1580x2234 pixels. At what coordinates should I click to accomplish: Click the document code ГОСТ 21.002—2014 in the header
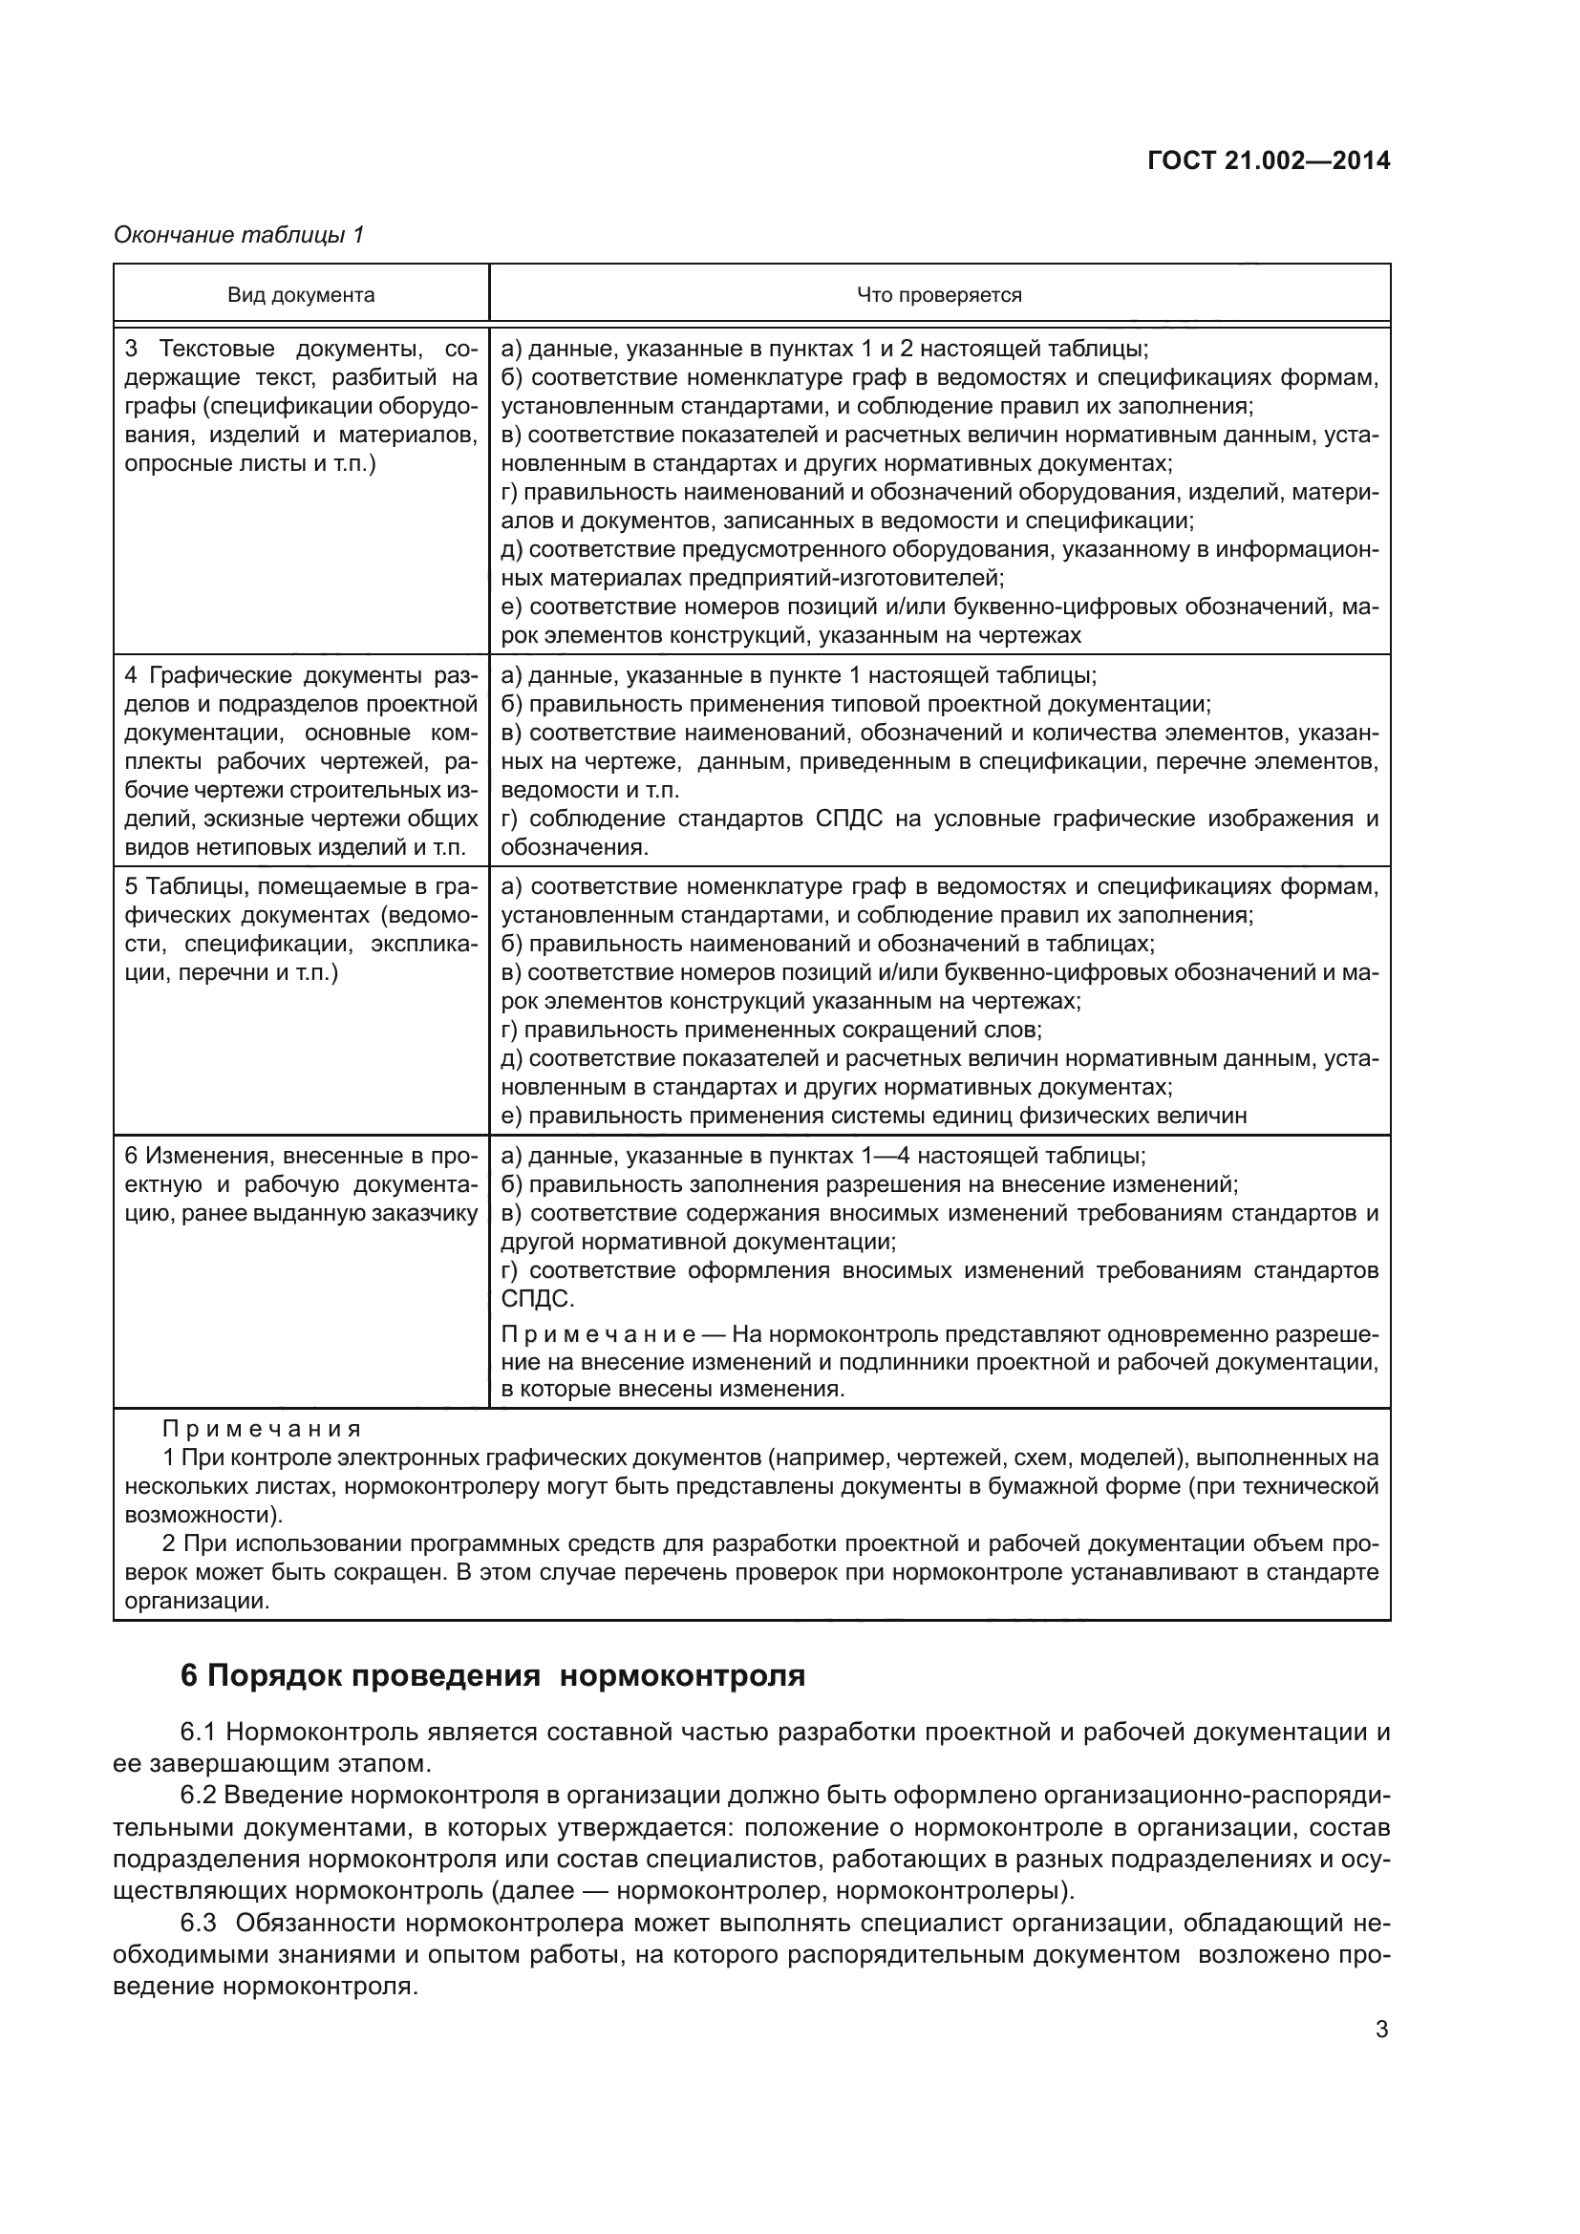click(1269, 161)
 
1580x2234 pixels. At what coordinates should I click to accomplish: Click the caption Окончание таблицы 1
click(239, 235)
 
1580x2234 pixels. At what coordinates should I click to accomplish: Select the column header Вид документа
click(301, 295)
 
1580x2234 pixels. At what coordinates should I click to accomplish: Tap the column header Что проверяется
click(939, 295)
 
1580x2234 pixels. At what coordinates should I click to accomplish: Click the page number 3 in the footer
click(1381, 2030)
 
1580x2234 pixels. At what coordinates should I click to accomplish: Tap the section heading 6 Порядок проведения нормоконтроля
click(493, 1675)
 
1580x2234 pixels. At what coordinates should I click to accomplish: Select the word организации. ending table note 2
click(196, 1601)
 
